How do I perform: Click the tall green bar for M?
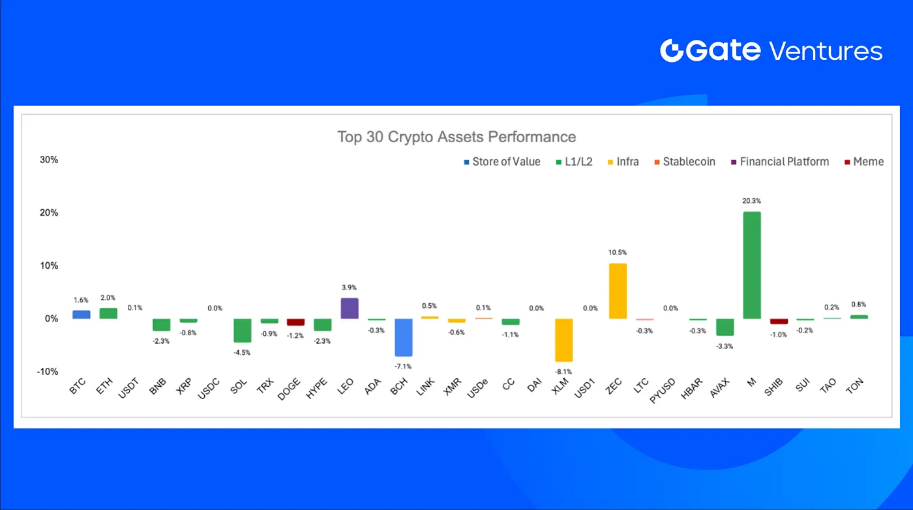coord(751,265)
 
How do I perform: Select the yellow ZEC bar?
coord(618,291)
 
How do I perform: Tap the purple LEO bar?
coord(350,308)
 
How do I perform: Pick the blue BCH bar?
coord(403,337)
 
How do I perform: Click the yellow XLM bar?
coord(563,340)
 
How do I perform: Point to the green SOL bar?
coord(243,330)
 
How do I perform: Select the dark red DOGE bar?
coord(296,322)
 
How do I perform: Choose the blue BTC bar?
coord(82,314)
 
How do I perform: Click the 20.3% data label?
coord(751,202)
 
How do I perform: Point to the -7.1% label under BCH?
coord(403,367)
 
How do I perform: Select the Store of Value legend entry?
coord(502,162)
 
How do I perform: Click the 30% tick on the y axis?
coord(49,160)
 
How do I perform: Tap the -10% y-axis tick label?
coord(48,372)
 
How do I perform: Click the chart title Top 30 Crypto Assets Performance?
coord(456,137)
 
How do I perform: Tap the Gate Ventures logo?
coord(771,51)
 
